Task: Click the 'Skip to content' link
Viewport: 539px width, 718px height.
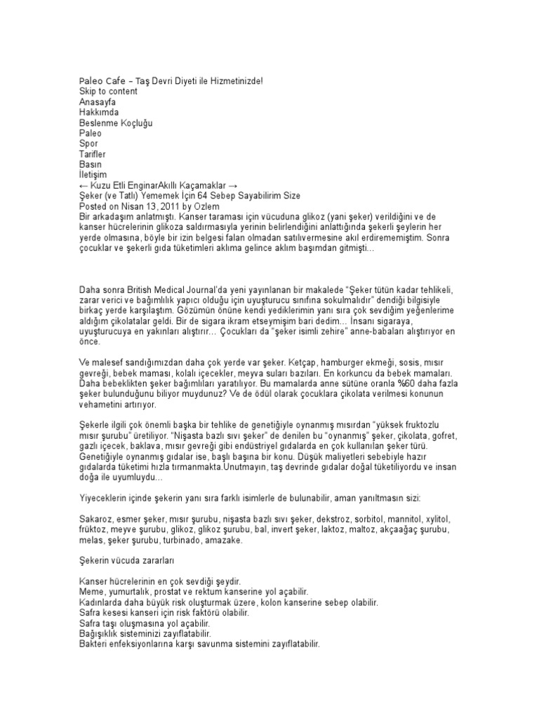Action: (x=108, y=91)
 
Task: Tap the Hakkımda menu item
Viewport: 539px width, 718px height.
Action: (x=99, y=112)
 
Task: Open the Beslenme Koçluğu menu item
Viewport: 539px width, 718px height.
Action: (x=116, y=123)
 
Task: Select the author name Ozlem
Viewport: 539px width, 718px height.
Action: (x=213, y=207)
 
